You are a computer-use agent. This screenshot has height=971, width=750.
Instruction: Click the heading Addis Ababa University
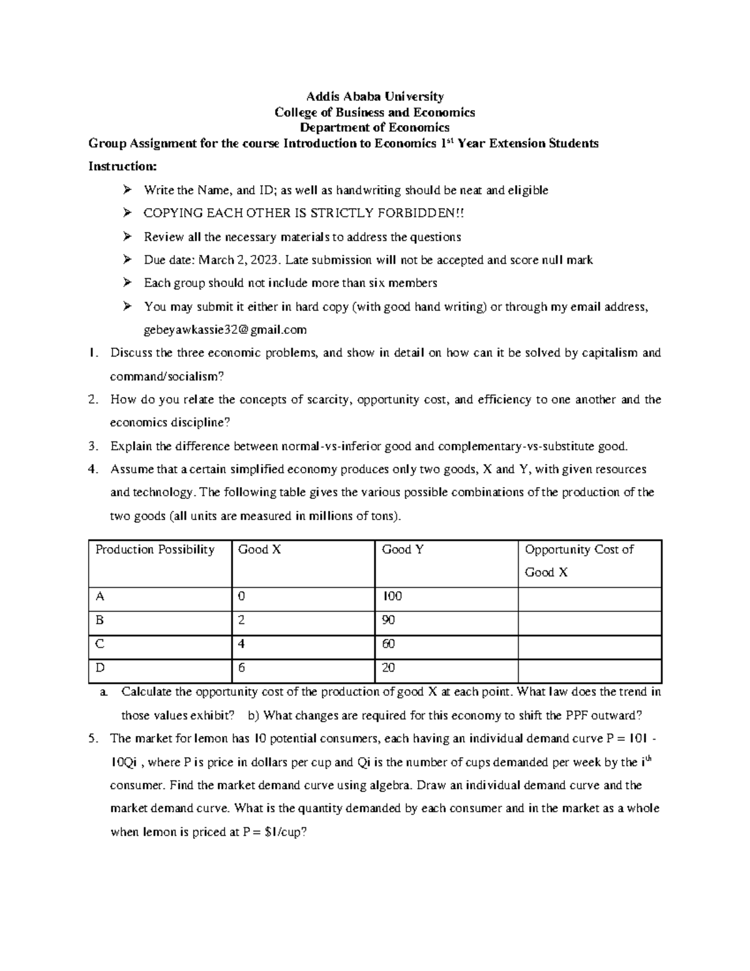click(374, 96)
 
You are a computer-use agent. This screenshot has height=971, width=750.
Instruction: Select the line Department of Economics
click(374, 128)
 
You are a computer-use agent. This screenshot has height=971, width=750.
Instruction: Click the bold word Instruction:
click(122, 166)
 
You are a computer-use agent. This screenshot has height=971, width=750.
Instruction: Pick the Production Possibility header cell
click(154, 550)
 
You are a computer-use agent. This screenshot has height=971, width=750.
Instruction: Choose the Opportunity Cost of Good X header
click(579, 560)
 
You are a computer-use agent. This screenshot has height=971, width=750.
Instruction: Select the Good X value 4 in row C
click(242, 644)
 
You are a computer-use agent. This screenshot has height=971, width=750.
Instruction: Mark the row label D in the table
click(99, 668)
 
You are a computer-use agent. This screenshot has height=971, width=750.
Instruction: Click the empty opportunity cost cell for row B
click(589, 623)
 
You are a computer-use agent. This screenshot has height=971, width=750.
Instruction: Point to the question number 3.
click(92, 446)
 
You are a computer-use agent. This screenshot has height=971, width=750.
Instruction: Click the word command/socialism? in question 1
click(166, 376)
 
